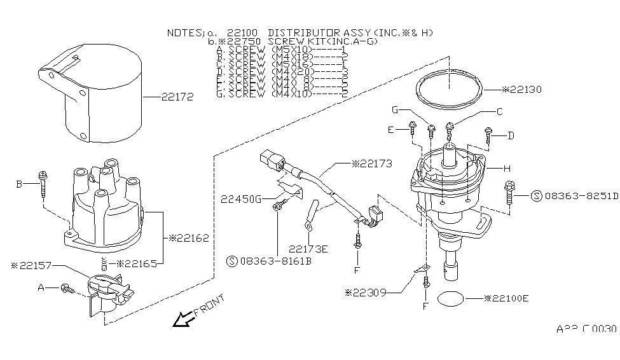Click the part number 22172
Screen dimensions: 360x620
177,97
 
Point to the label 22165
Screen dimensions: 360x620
138,263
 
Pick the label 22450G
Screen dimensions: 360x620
242,199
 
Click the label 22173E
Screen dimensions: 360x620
308,249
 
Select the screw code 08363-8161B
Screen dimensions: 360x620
274,260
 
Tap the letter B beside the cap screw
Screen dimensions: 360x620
19,184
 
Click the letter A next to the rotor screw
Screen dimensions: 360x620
41,287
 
